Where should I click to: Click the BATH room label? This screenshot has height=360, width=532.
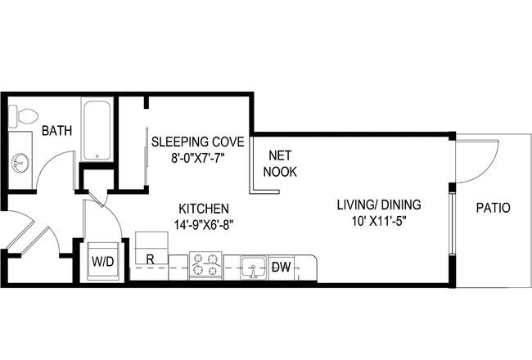56,131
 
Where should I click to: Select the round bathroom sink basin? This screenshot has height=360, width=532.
20,163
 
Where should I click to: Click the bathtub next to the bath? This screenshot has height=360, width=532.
97,129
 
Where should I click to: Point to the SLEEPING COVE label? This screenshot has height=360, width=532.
198,142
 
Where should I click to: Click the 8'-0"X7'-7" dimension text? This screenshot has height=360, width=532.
198,158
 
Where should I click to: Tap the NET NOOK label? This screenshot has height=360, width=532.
280,164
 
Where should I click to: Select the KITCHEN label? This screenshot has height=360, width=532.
204,209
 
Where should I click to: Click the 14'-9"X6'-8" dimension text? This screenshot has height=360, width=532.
204,225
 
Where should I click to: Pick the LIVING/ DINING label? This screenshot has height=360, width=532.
379,205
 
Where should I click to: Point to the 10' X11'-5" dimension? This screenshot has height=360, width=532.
379,221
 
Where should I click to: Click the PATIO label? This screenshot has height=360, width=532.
493,208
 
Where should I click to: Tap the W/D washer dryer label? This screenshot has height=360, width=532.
103,262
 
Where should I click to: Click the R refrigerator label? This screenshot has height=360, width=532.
151,259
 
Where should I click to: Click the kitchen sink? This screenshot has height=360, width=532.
253,268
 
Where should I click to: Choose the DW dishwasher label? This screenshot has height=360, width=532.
282,268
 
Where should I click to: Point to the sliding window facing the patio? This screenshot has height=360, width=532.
452,223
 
